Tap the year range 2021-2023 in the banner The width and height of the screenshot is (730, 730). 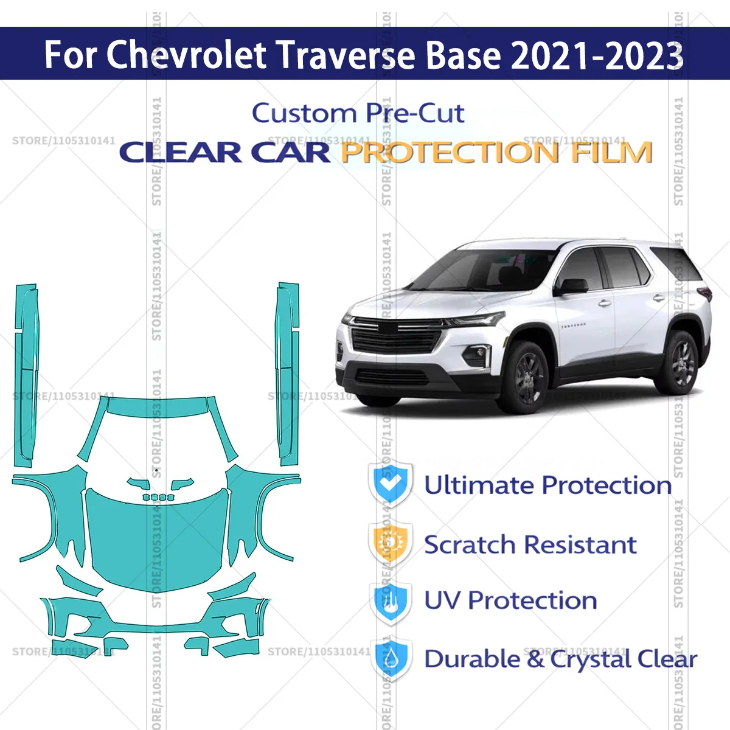click(597, 55)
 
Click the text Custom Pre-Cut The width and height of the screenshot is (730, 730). click(358, 113)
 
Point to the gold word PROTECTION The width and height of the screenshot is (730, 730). click(450, 152)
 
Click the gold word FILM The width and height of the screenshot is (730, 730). click(611, 152)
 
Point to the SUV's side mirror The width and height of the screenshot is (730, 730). click(572, 286)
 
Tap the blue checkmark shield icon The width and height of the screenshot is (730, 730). click(391, 484)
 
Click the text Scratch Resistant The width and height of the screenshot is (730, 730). click(530, 544)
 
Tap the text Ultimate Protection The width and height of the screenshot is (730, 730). click(547, 485)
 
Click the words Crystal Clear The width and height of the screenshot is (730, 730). click(624, 659)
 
